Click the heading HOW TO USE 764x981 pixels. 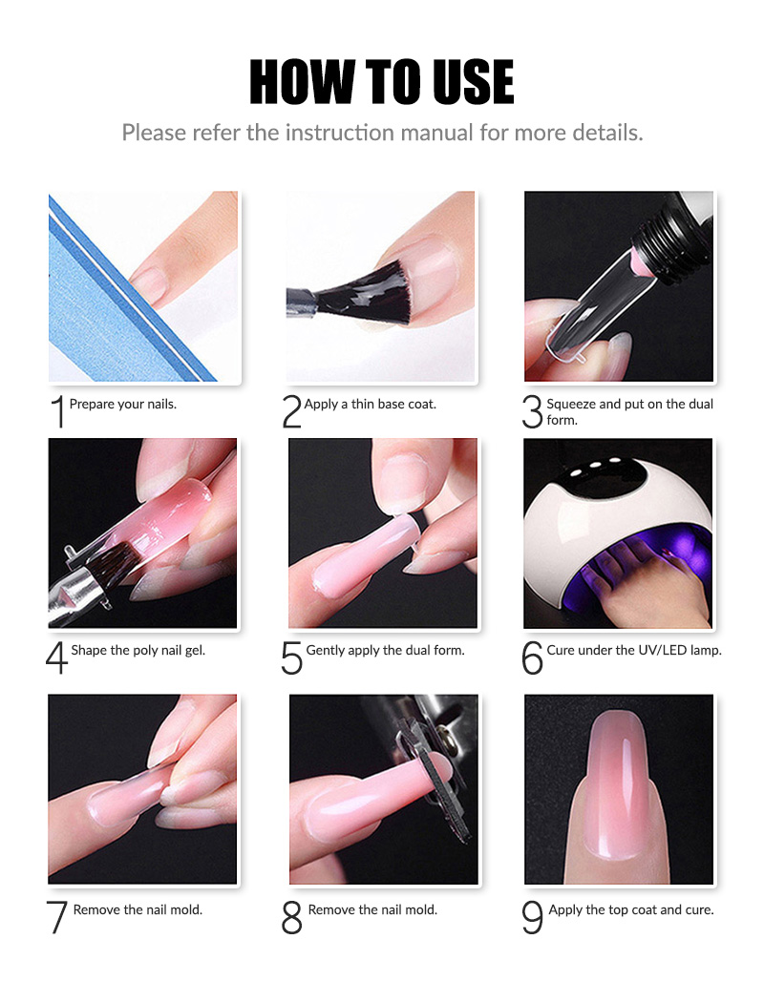click(x=382, y=82)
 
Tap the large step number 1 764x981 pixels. click(x=58, y=411)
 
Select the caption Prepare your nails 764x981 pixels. click(x=122, y=404)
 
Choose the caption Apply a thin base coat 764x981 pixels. click(x=370, y=404)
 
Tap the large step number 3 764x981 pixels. click(x=532, y=411)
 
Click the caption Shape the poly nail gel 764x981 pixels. click(x=138, y=650)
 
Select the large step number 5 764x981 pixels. click(x=292, y=657)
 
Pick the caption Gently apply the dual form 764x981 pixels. click(x=385, y=650)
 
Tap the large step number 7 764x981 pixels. click(x=58, y=917)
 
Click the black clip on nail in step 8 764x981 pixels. click(x=435, y=773)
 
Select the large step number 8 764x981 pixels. click(x=292, y=917)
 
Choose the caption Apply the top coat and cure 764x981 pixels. click(x=630, y=909)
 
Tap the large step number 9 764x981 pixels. click(x=532, y=917)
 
